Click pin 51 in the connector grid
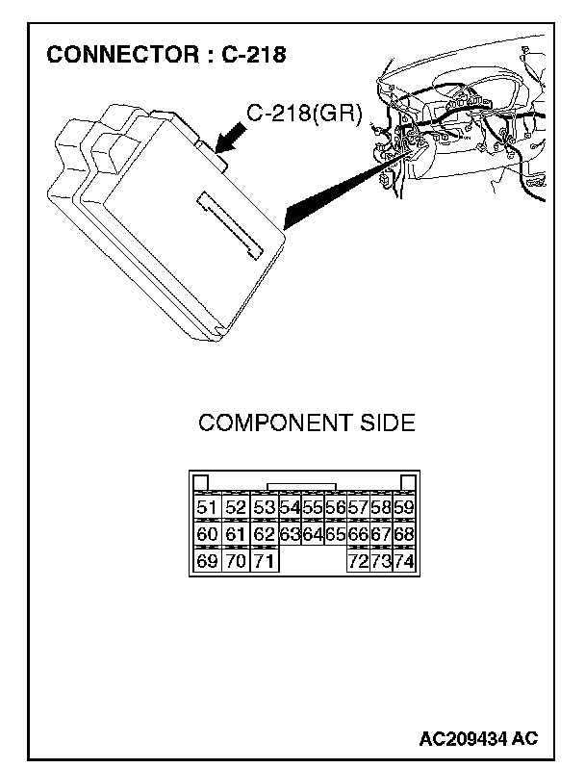pyautogui.click(x=206, y=507)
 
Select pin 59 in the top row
pyautogui.click(x=404, y=507)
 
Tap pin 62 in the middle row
pyautogui.click(x=264, y=534)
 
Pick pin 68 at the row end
pyautogui.click(x=404, y=534)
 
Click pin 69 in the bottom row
pyautogui.click(x=206, y=561)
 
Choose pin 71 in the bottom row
pyautogui.click(x=264, y=561)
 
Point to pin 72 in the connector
pyautogui.click(x=358, y=561)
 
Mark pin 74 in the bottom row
pyautogui.click(x=404, y=561)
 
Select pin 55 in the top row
pyautogui.click(x=312, y=507)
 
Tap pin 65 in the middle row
pyautogui.click(x=335, y=534)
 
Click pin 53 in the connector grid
pyautogui.click(x=264, y=507)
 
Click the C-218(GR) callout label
pyautogui.click(x=303, y=115)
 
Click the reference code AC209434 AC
pyautogui.click(x=478, y=738)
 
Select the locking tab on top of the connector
pyautogui.click(x=301, y=488)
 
